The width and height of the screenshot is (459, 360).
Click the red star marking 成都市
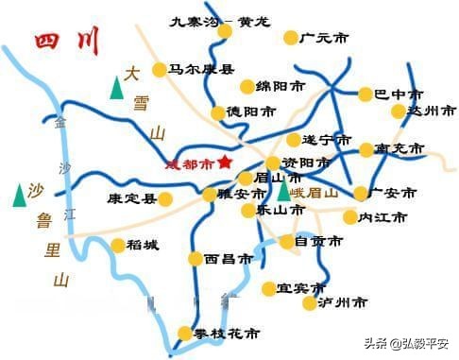pyautogui.click(x=225, y=162)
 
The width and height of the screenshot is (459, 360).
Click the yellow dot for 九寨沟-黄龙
pyautogui.click(x=224, y=30)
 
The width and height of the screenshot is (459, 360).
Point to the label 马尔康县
pyautogui.click(x=201, y=69)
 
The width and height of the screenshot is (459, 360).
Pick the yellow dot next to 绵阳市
pyautogui.click(x=246, y=87)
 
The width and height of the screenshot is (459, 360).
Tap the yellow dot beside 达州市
pyautogui.click(x=398, y=111)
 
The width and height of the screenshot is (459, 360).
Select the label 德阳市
pyautogui.click(x=251, y=111)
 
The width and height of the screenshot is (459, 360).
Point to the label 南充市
pyautogui.click(x=400, y=149)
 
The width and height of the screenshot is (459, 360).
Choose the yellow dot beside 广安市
pyautogui.click(x=360, y=193)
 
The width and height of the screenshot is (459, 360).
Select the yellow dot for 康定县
pyautogui.click(x=165, y=199)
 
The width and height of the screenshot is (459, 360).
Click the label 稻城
pyautogui.click(x=144, y=246)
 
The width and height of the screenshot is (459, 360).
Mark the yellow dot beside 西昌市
pyautogui.click(x=195, y=258)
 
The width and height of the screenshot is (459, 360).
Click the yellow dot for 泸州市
pyautogui.click(x=310, y=302)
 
